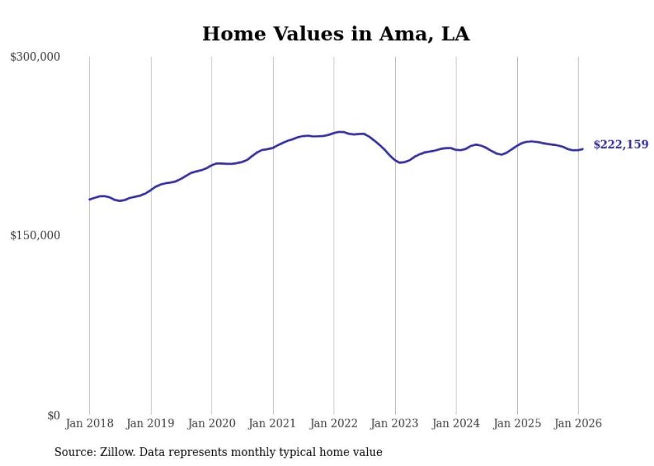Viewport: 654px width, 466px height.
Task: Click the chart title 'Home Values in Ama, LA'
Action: pyautogui.click(x=336, y=34)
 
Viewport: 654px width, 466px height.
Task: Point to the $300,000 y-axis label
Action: pyautogui.click(x=35, y=57)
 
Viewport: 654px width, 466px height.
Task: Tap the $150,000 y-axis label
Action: pyautogui.click(x=35, y=236)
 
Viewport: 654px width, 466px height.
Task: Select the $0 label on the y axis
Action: pyautogui.click(x=53, y=415)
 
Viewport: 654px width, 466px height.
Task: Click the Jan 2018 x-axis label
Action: pyautogui.click(x=89, y=423)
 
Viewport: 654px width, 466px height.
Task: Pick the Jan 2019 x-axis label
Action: pyautogui.click(x=151, y=423)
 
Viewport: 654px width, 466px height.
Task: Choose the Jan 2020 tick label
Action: pyautogui.click(x=212, y=423)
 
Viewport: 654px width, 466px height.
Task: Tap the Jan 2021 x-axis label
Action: pyautogui.click(x=273, y=423)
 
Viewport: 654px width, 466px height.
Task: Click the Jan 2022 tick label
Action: pyautogui.click(x=334, y=423)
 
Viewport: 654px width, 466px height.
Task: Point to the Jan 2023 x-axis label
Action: pyautogui.click(x=395, y=423)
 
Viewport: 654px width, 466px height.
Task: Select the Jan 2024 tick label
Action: pyautogui.click(x=456, y=423)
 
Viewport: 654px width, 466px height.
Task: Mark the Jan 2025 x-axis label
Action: pyautogui.click(x=517, y=423)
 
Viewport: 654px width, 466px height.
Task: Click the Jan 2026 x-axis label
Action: pyautogui.click(x=578, y=423)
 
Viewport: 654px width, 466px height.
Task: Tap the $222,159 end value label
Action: pyautogui.click(x=621, y=145)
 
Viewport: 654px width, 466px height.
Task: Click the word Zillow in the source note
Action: pyautogui.click(x=115, y=453)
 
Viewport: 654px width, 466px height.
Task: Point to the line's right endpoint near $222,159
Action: pyautogui.click(x=583, y=149)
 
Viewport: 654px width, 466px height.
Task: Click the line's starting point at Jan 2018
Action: pyautogui.click(x=89, y=199)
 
